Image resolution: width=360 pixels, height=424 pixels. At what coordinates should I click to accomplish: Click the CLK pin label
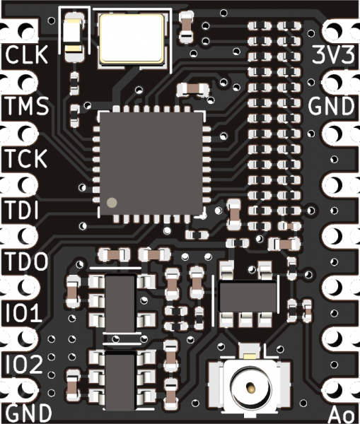pyautogui.click(x=27, y=54)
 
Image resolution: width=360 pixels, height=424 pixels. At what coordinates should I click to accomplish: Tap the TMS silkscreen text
pyautogui.click(x=27, y=106)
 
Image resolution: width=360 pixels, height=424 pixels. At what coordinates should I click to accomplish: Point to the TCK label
pyautogui.click(x=26, y=158)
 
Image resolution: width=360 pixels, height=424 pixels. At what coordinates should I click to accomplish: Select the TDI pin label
pyautogui.click(x=22, y=210)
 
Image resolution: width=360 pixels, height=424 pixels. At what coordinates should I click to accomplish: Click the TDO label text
pyautogui.click(x=27, y=261)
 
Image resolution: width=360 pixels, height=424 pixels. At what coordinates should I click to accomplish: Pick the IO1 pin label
pyautogui.click(x=24, y=313)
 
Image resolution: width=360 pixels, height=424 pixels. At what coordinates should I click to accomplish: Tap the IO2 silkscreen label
pyautogui.click(x=24, y=365)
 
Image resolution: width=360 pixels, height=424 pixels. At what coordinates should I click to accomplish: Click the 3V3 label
pyautogui.click(x=333, y=54)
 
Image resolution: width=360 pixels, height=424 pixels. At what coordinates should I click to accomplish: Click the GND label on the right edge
pyautogui.click(x=332, y=106)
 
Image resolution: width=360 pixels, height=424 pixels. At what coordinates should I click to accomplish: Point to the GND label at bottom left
pyautogui.click(x=28, y=413)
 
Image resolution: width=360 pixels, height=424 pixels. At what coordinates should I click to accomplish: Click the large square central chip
pyautogui.click(x=151, y=164)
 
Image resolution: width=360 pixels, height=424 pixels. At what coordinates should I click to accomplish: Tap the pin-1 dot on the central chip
pyautogui.click(x=112, y=203)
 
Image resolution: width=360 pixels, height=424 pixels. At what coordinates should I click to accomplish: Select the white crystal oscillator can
pyautogui.click(x=132, y=39)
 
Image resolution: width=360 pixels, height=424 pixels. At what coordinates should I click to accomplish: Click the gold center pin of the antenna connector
pyautogui.click(x=252, y=388)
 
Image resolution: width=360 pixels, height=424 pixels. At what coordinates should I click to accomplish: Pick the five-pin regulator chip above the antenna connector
pyautogui.click(x=248, y=296)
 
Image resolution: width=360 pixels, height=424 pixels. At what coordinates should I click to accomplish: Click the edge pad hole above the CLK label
pyautogui.click(x=27, y=30)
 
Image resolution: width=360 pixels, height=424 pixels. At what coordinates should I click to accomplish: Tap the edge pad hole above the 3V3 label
pyautogui.click(x=333, y=30)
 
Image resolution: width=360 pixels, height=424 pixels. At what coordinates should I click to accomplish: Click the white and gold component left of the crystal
pyautogui.click(x=74, y=37)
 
